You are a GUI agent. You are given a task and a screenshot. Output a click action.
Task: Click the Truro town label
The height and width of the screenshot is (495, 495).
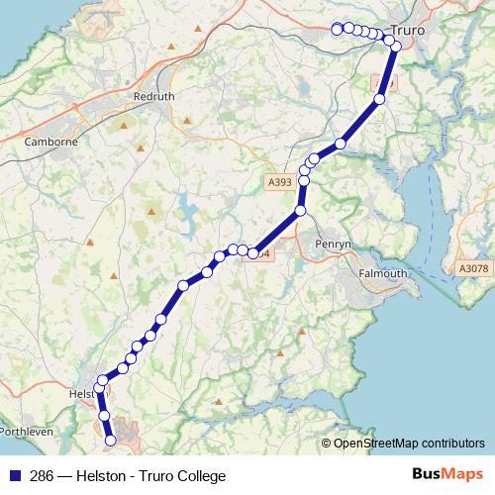coord(408,31)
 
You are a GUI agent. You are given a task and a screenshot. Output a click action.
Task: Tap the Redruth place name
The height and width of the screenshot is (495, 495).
coord(154,97)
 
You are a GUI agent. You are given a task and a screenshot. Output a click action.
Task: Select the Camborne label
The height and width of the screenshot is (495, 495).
coord(50,142)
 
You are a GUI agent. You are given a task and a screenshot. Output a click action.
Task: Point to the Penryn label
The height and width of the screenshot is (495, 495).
coord(328,243)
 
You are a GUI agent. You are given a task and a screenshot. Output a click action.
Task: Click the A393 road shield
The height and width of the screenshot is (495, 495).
coord(279,182)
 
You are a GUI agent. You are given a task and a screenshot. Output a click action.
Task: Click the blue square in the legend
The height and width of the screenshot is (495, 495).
coord(13,475)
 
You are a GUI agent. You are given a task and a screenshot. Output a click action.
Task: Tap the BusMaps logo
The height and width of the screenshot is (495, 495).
coord(447,474)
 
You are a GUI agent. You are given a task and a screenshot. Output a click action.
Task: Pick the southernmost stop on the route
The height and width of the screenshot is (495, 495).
coord(110,439)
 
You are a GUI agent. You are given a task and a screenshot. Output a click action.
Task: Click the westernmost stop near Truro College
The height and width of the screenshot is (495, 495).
coord(337,29)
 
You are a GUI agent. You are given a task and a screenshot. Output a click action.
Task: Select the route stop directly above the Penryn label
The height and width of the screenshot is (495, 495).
coord(300,210)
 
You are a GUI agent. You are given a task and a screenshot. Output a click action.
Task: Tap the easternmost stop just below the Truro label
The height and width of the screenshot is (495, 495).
coord(396,47)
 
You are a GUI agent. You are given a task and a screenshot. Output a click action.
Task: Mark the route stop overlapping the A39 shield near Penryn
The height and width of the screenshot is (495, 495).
coord(253,253)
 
